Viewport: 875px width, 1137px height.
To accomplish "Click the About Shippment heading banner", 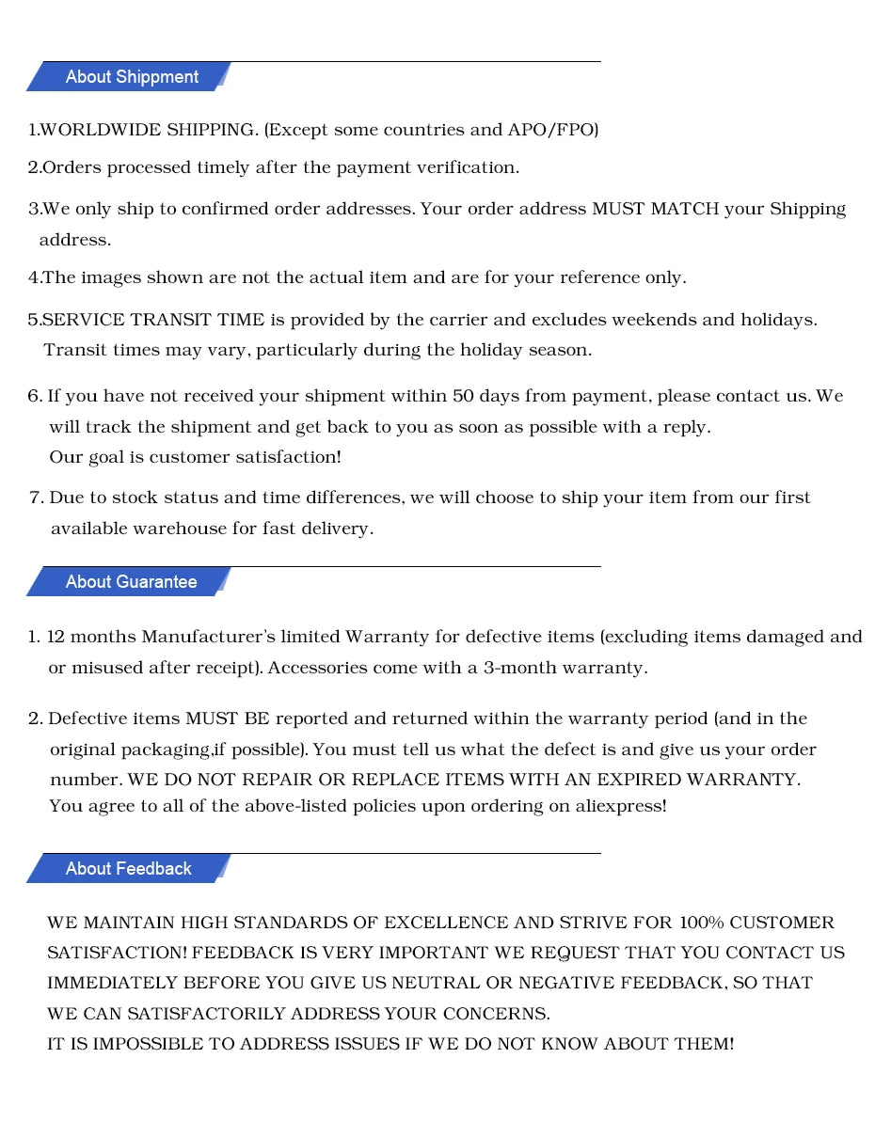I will click(131, 77).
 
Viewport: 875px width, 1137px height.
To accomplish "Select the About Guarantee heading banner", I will click(131, 582).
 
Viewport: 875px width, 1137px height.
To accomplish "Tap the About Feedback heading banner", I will click(128, 869).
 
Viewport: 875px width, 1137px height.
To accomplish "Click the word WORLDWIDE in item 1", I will click(101, 130).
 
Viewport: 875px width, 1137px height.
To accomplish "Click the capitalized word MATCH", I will click(684, 209).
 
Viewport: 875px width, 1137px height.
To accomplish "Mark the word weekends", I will click(654, 320).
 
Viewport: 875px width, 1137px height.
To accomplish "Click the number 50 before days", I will click(463, 396).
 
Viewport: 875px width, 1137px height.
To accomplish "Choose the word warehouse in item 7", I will click(180, 529).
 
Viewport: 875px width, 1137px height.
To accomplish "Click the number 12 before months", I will click(56, 637).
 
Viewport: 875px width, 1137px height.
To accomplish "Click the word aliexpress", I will click(618, 806).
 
